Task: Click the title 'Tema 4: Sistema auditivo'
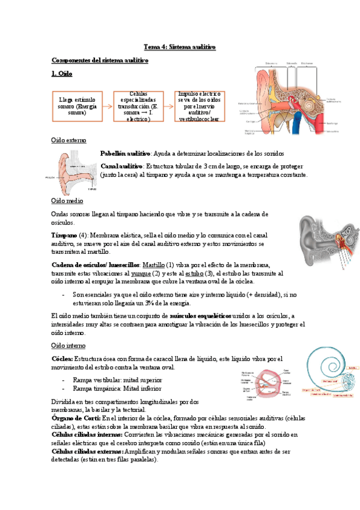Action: [179, 46]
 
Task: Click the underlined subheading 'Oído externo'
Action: [69, 140]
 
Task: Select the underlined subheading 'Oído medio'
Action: [67, 200]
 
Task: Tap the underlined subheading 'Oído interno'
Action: [69, 346]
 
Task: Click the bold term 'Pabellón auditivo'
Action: [125, 154]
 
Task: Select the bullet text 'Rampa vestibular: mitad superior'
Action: [117, 380]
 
